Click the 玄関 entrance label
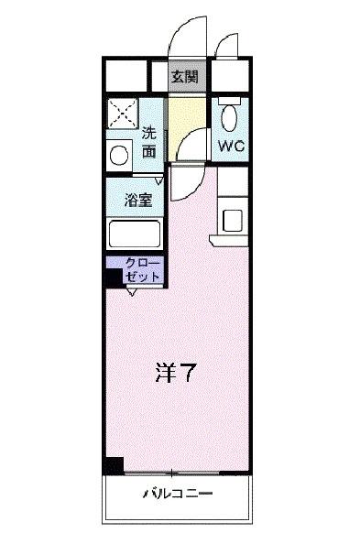pyautogui.click(x=186, y=76)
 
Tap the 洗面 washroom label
pyautogui.click(x=149, y=142)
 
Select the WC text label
pyautogui.click(x=230, y=145)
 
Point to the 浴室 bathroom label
pyautogui.click(x=139, y=197)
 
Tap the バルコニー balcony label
pyautogui.click(x=178, y=495)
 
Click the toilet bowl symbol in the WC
pyautogui.click(x=230, y=117)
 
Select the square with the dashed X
pyautogui.click(x=121, y=113)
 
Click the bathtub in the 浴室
pyautogui.click(x=135, y=235)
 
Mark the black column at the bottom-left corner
pyautogui.click(x=113, y=464)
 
